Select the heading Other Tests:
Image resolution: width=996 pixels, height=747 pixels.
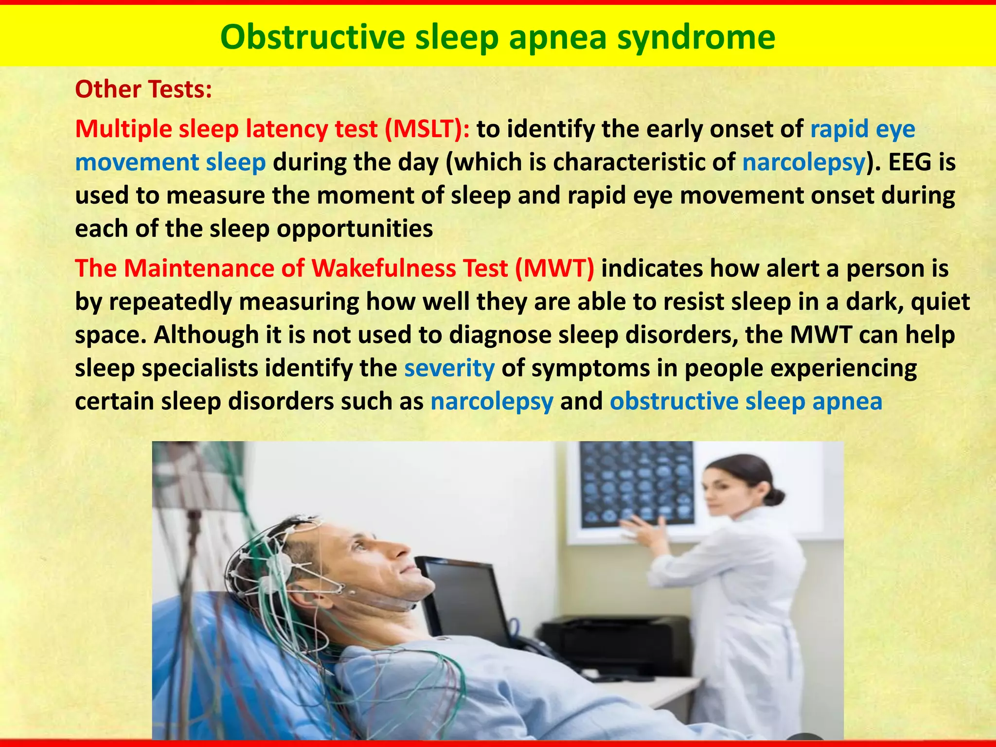coord(143,89)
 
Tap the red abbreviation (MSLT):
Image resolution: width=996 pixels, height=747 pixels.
coord(427,129)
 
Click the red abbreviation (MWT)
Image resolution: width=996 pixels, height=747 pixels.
coord(554,268)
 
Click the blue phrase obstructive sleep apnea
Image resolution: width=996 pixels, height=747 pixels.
coord(746,402)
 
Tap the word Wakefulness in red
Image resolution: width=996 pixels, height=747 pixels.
coord(383,268)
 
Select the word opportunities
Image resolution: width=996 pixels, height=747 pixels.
coord(355,229)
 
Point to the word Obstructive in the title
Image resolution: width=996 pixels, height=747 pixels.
coord(312,38)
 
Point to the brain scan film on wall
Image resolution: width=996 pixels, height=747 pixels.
coord(637,484)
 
